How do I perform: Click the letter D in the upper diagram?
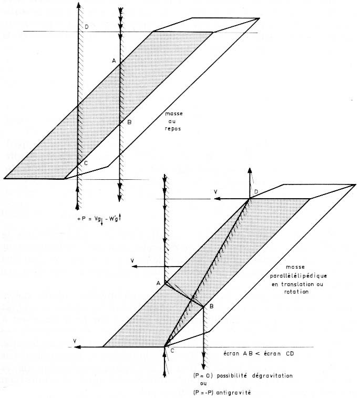tap(87, 27)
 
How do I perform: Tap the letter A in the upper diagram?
tap(114, 60)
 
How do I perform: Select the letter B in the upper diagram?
tap(129, 122)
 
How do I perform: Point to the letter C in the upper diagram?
tap(86, 163)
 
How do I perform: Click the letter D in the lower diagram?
tap(256, 191)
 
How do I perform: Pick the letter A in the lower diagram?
tap(158, 283)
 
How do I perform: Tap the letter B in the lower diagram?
tap(212, 307)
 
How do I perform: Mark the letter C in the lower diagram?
tap(172, 351)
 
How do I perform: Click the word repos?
tap(173, 129)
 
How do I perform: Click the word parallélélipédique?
tap(299, 275)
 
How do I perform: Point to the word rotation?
tap(296, 292)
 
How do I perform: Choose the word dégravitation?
tap(272, 376)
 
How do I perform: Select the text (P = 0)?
tap(202, 376)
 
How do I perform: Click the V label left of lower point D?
tap(215, 192)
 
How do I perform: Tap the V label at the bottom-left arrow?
tap(75, 341)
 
